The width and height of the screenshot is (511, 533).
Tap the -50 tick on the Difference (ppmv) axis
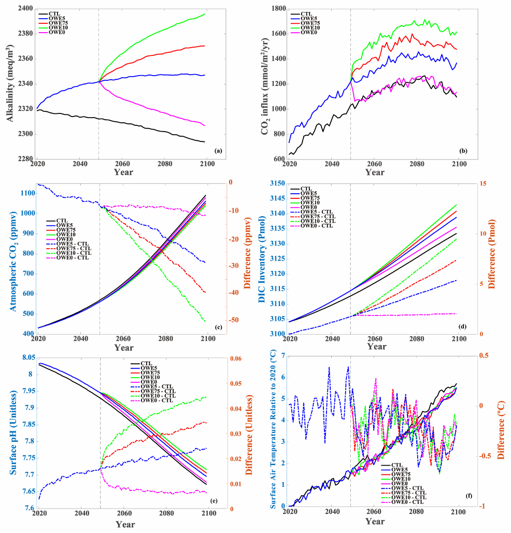(236, 320)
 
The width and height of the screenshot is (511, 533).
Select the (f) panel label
(469, 496)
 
